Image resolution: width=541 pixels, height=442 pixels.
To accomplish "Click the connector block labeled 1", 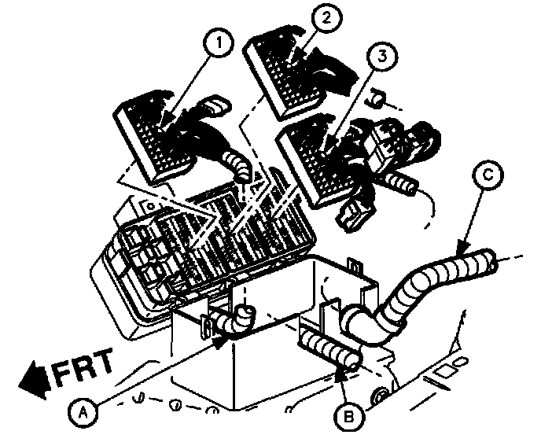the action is (157, 138).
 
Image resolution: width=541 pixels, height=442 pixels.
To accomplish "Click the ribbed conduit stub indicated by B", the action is (330, 350).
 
